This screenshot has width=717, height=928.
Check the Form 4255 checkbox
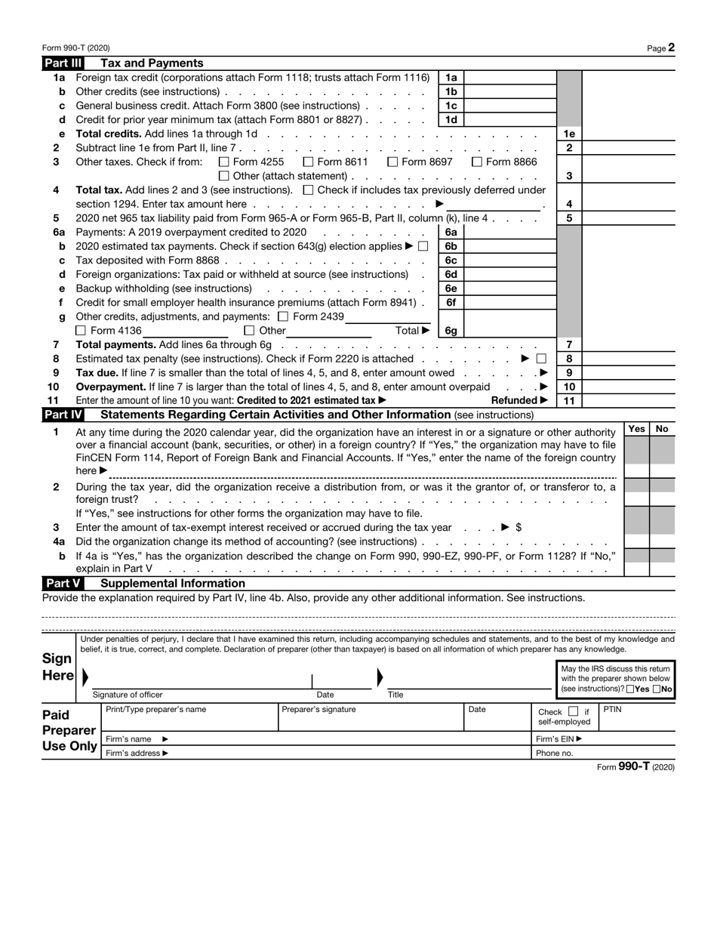point(223,162)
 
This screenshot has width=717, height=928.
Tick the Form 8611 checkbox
point(308,162)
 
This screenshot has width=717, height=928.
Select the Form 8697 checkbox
point(392,162)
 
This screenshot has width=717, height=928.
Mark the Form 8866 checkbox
point(477,162)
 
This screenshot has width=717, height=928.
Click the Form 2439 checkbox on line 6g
point(283,316)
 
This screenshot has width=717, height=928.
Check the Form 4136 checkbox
point(81,331)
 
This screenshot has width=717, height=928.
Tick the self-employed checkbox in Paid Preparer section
point(573,711)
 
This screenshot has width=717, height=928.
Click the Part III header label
point(63,63)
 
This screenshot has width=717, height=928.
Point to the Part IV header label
point(63,415)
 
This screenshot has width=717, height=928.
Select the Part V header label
point(63,583)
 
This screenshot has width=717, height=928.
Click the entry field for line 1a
point(509,78)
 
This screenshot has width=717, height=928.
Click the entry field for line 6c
point(509,261)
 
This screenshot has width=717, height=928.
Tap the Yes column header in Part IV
point(636,429)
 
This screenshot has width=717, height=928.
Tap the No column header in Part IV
point(662,429)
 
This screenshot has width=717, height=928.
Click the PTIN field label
point(612,710)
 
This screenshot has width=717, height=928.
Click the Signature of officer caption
point(127,695)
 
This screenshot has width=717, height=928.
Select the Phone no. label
point(554,753)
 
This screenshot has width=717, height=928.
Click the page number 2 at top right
point(671,48)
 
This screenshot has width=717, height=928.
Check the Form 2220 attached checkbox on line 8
point(541,359)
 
